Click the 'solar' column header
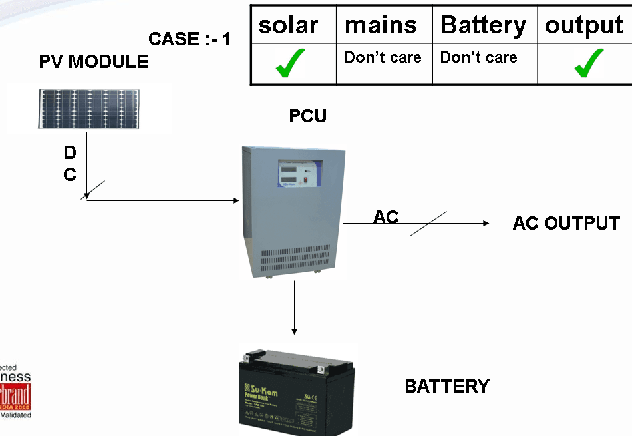[x=288, y=25]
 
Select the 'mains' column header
[x=381, y=25]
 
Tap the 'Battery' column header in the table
[x=483, y=25]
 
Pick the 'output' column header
[x=584, y=25]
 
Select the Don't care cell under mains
[x=383, y=57]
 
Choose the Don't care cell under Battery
[x=478, y=57]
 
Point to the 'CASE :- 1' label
[x=190, y=39]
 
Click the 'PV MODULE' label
[x=94, y=62]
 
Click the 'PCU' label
[x=308, y=116]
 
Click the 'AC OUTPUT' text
[x=566, y=223]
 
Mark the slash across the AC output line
[x=428, y=224]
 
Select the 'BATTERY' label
[x=447, y=386]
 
